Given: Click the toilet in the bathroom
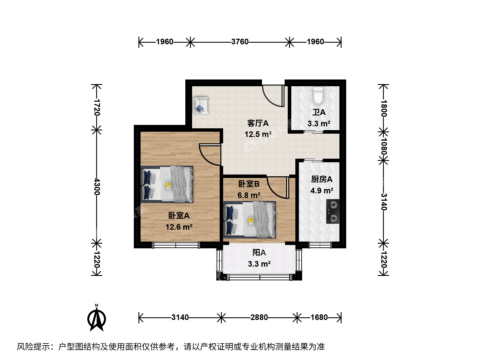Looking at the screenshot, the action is coord(318,96).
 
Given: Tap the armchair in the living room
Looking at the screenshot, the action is coord(200,106).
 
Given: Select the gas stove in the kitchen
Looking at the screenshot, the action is coord(333,211).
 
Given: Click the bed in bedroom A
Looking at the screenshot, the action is coord(167,184).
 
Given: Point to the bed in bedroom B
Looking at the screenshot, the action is coord(250,220).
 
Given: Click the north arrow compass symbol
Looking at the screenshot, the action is coord(96,319).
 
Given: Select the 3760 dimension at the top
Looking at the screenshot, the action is coord(240,42).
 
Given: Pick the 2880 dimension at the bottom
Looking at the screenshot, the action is coord(259,317).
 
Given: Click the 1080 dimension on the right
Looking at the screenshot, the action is coord(384,146).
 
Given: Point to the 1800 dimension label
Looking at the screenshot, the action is coord(384,108).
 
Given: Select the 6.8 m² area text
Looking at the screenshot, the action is coord(249,195).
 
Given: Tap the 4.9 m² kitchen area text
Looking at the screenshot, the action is coord(322,191).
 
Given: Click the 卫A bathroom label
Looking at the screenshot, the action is coord(319,112).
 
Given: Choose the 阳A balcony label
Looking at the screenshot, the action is coord(259,253).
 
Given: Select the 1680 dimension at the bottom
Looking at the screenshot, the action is coord(319,317).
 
